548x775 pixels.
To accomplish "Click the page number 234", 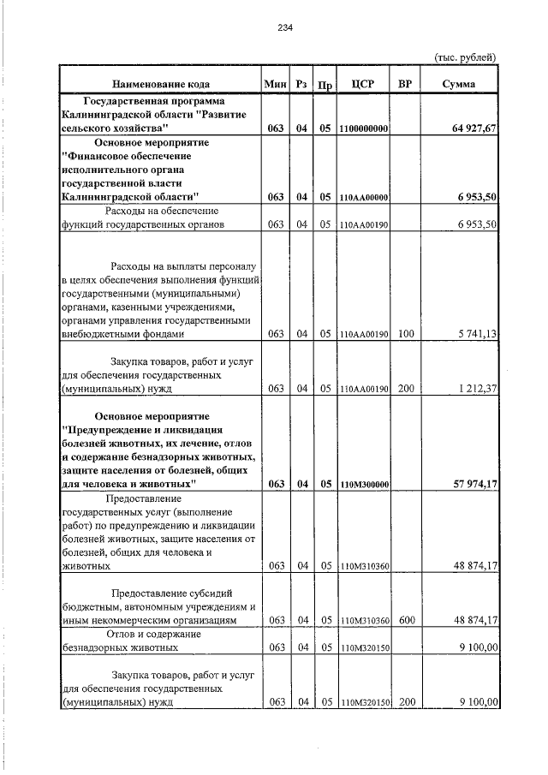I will pos(286,27).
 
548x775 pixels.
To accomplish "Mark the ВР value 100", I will pos(406,334).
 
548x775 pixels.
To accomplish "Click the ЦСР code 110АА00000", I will pos(364,198).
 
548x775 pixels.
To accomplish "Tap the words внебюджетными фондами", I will pos(121,334).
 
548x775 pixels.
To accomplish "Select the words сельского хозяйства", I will pos(116,128).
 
